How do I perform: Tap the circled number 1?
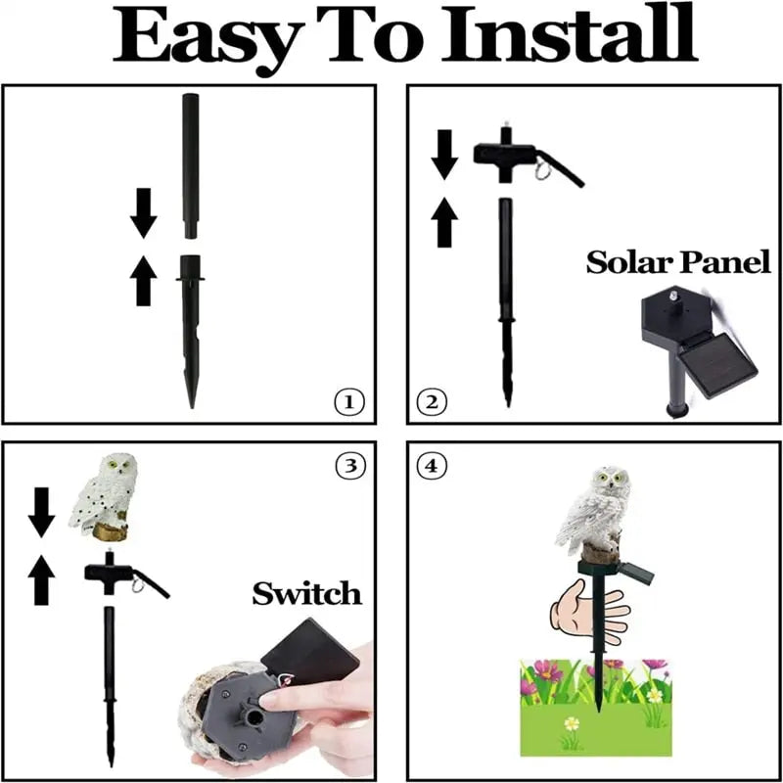click(x=347, y=401)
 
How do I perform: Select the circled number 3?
click(x=347, y=466)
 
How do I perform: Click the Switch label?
click(x=306, y=592)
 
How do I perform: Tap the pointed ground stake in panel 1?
click(x=191, y=333)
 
